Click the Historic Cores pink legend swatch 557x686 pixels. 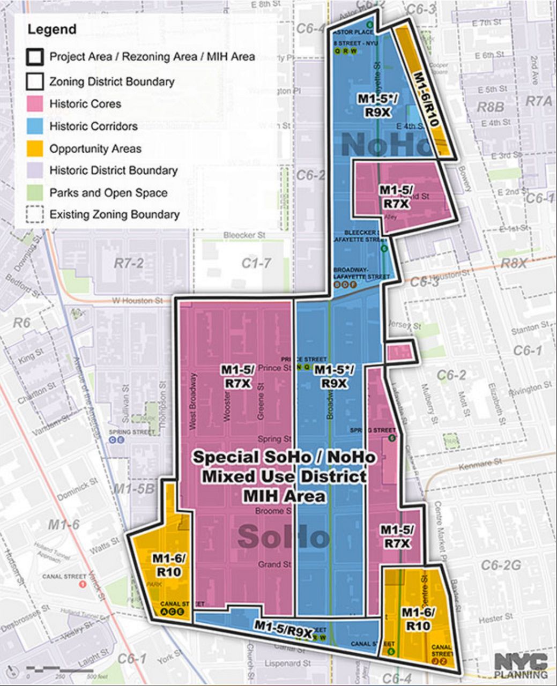pos(35,103)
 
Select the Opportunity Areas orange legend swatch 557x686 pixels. pos(35,148)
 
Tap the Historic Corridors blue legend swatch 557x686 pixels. pos(35,126)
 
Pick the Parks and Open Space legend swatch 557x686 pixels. pos(35,192)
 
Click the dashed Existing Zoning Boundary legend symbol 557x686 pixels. pos(35,214)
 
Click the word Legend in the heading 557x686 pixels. pos(52,29)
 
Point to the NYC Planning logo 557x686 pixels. pos(521,665)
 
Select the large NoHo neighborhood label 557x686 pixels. pos(386,144)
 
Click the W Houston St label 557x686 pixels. pos(137,301)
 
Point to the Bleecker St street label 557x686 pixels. pos(244,235)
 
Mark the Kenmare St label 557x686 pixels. pos(480,464)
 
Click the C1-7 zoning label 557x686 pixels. pos(256,263)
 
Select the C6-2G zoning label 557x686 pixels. pos(501,565)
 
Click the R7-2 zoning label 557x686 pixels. pos(129,263)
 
